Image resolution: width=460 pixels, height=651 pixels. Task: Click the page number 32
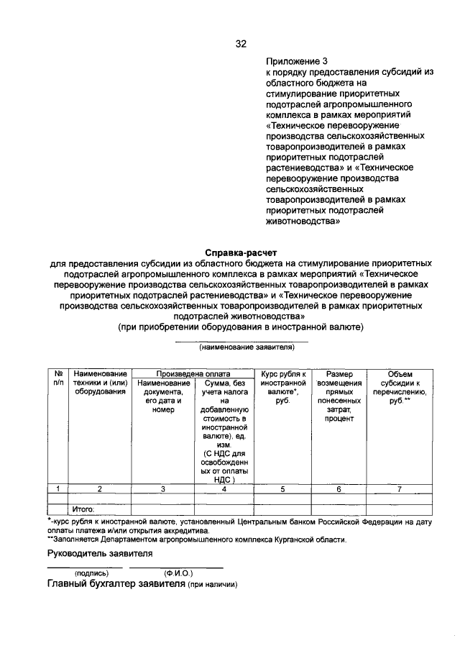[x=241, y=44]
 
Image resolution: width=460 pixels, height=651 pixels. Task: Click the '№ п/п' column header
[x=58, y=378]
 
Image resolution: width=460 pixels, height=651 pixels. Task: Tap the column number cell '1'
[x=58, y=488]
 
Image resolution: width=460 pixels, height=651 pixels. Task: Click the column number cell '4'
[x=224, y=488]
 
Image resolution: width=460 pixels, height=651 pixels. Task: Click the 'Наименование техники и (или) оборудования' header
[x=100, y=383]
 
